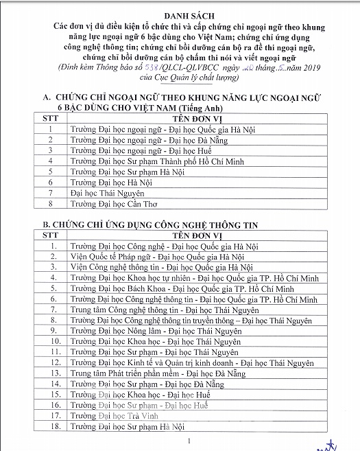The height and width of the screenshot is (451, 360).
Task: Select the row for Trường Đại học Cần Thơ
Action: pos(124,204)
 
